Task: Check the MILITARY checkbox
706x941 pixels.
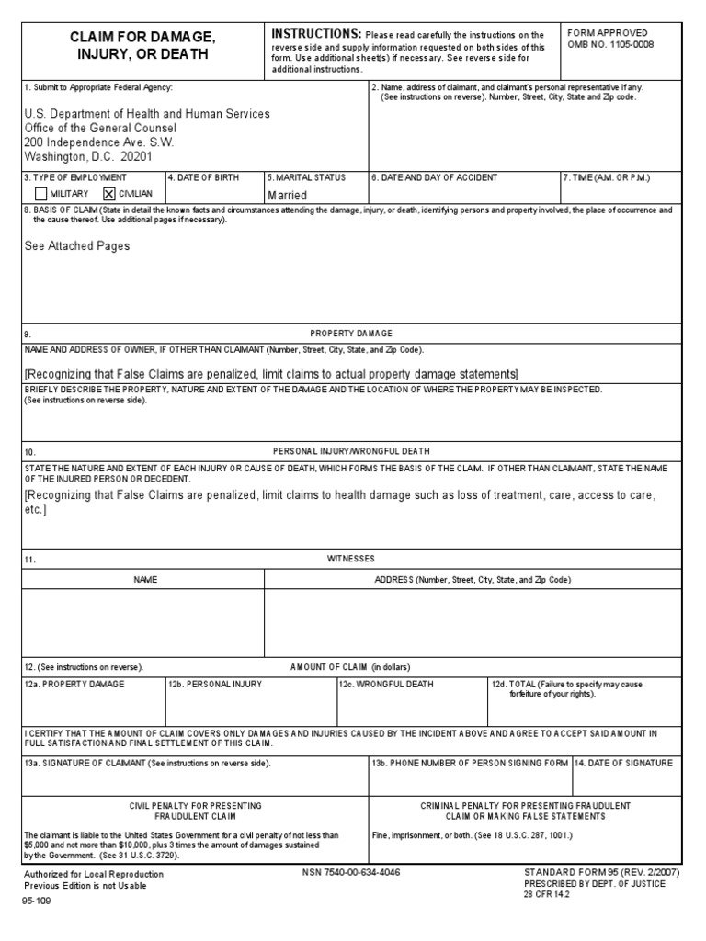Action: point(40,194)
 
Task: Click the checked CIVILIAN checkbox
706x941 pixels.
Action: point(109,194)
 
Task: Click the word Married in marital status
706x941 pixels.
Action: point(287,196)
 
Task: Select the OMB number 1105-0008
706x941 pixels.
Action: point(621,44)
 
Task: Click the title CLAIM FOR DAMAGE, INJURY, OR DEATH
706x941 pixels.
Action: point(142,45)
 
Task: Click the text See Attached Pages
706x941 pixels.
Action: point(76,246)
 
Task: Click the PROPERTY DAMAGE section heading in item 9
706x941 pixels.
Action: point(352,334)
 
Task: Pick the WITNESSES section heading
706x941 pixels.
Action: point(351,559)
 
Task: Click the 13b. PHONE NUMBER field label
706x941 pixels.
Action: point(470,763)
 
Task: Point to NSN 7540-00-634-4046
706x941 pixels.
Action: point(351,872)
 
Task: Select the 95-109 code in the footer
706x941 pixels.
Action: point(39,902)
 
